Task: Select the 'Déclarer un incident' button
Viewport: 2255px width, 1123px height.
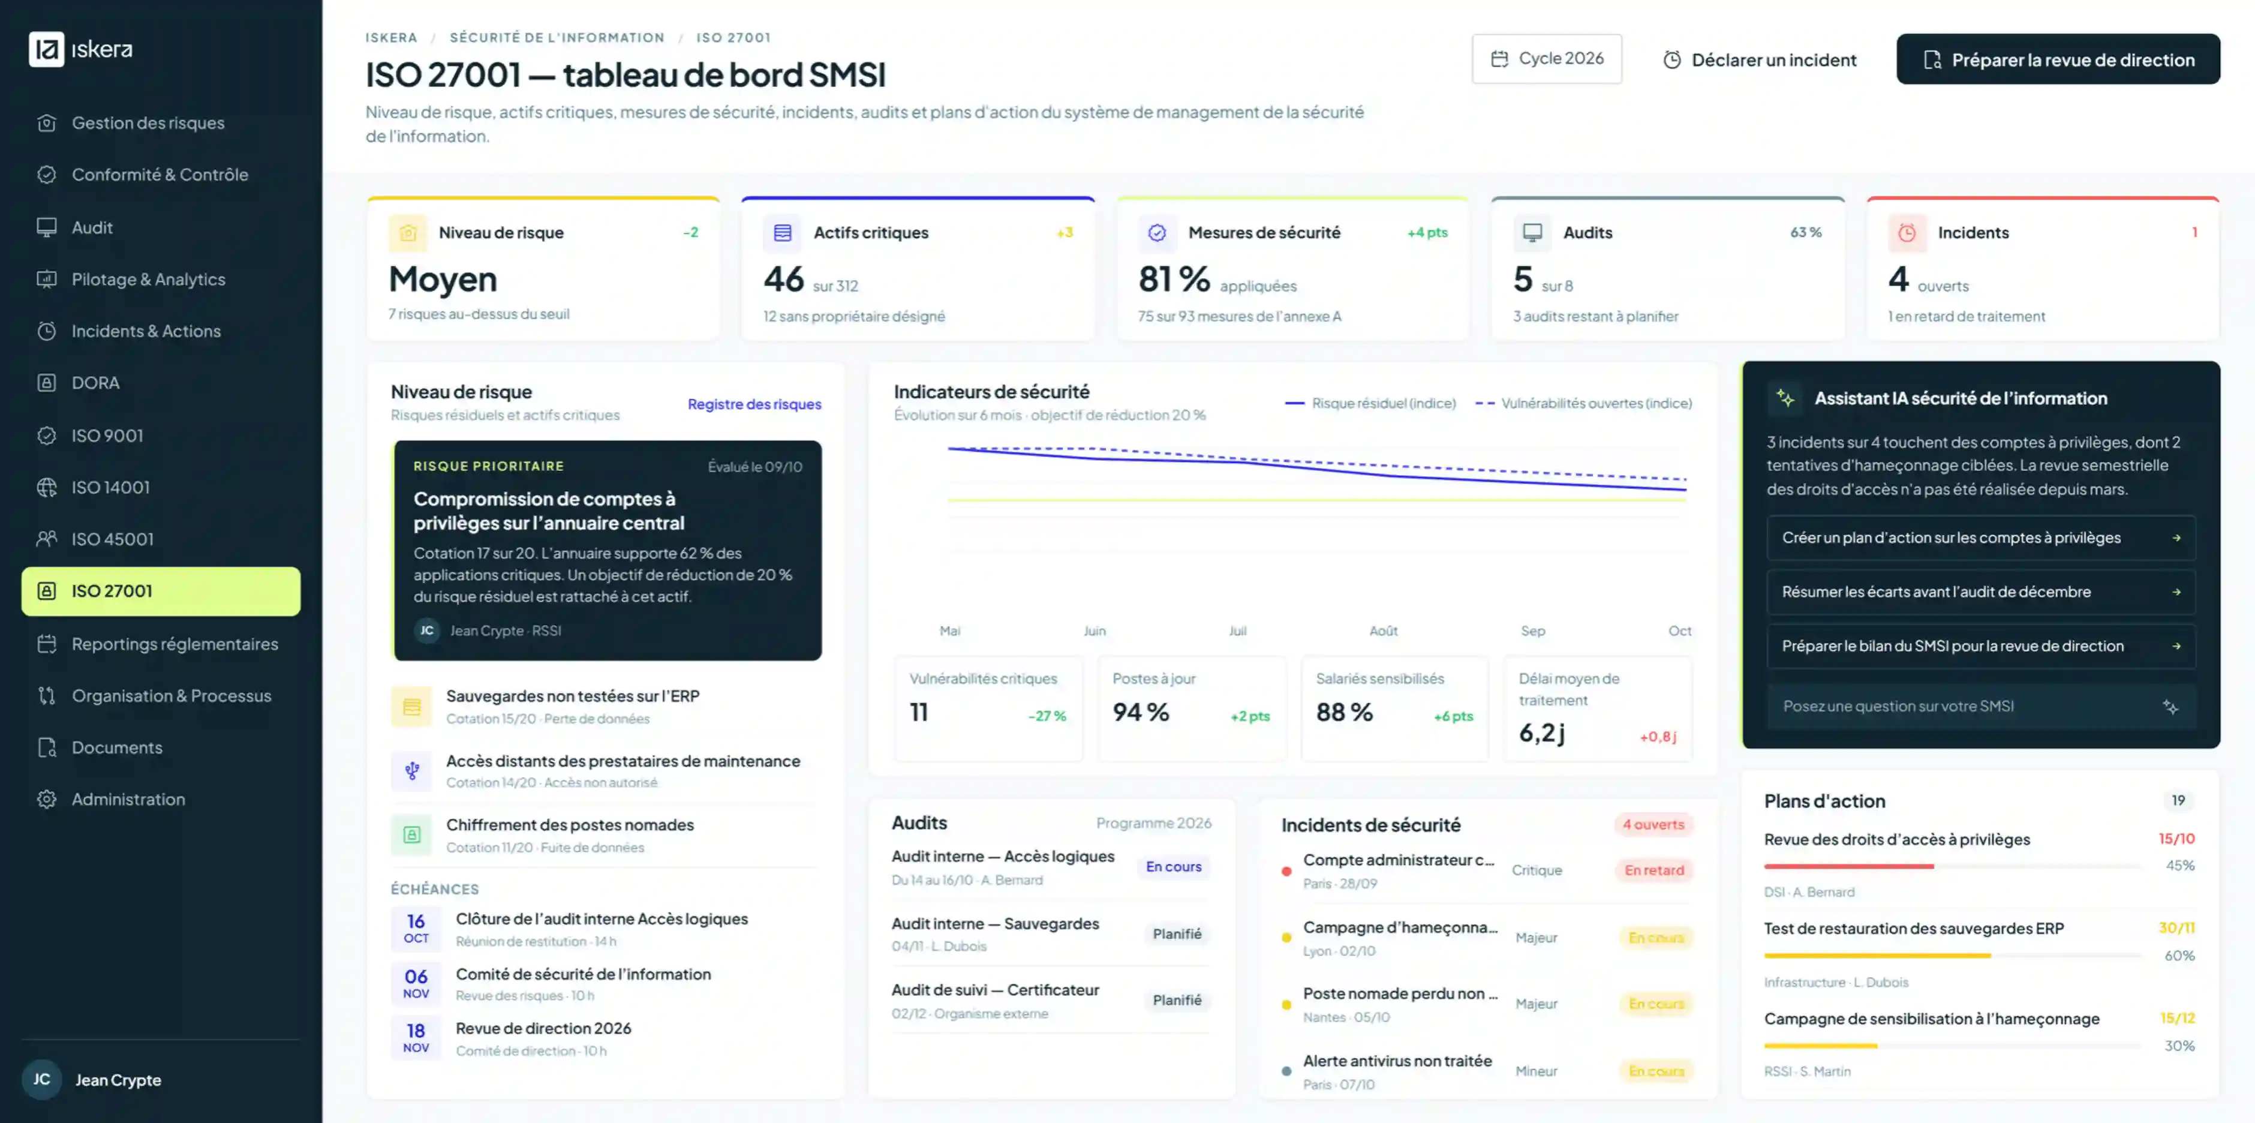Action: click(1760, 59)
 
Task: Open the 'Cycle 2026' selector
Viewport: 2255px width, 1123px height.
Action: click(1547, 59)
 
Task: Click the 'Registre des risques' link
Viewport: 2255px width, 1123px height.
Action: click(754, 404)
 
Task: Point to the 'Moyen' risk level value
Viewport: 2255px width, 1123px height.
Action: click(443, 279)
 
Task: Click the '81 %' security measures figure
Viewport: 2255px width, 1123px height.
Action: click(1174, 279)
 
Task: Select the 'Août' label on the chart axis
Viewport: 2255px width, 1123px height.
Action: click(1383, 630)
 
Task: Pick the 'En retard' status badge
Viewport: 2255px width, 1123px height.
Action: click(1653, 870)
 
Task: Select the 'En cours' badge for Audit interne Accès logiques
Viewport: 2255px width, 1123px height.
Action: click(1173, 866)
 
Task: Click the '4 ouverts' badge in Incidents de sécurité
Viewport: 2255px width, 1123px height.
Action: click(1653, 824)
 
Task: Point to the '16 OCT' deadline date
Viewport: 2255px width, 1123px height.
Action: click(416, 928)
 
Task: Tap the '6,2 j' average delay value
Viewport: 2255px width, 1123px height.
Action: click(1541, 732)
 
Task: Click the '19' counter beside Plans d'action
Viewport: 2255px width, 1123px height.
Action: click(2178, 800)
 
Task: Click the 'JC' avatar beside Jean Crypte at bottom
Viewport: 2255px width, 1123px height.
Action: click(42, 1079)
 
